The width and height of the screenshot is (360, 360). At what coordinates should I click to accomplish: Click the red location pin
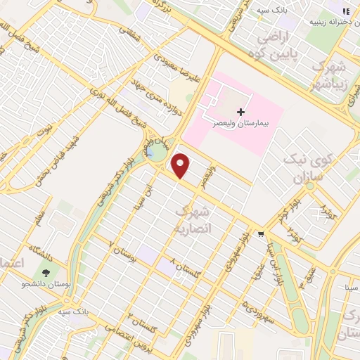[181, 165]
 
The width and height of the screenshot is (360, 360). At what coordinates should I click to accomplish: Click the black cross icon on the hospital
[241, 111]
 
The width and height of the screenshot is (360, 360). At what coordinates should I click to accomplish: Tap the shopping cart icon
[261, 234]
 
